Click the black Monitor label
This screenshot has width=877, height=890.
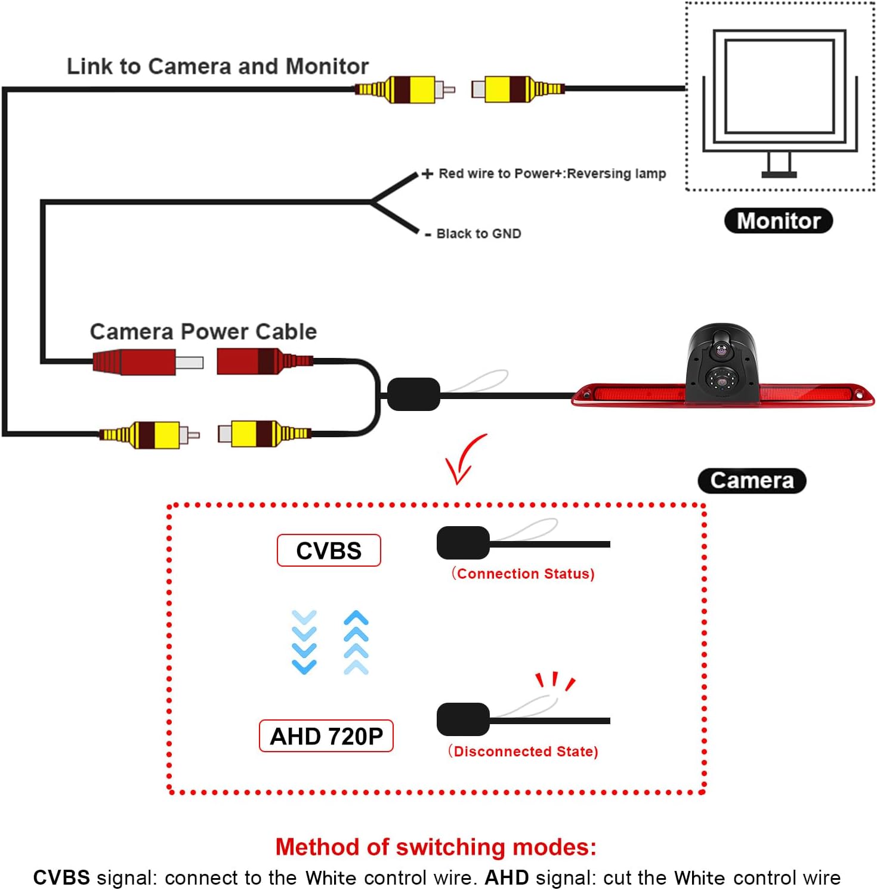[778, 221]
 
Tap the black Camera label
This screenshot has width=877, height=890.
[752, 481]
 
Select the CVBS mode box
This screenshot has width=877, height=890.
[329, 551]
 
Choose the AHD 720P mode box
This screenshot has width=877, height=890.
[326, 736]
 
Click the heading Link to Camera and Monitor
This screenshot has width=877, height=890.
[218, 66]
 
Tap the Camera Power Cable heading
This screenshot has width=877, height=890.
[203, 332]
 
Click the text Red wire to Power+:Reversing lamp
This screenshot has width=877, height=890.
[552, 174]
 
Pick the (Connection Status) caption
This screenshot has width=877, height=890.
[523, 574]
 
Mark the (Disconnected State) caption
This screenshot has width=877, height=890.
[523, 752]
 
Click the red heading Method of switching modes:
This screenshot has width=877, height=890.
[436, 847]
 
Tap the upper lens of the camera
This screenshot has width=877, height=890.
[721, 351]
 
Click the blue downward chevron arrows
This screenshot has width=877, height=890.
[304, 642]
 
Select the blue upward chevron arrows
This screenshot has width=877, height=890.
[356, 642]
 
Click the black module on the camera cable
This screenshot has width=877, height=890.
[413, 394]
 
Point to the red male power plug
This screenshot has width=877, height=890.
[148, 362]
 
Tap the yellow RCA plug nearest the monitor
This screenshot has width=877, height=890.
[517, 89]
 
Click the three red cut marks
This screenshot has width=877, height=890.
[555, 681]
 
